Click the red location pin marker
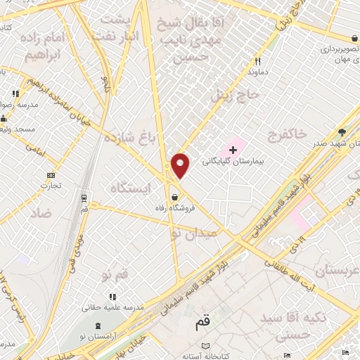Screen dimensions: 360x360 tap(181, 165)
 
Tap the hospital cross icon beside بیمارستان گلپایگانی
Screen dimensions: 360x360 tap(233, 149)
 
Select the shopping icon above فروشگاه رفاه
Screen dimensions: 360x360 tap(173, 197)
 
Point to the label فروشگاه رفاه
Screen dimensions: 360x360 tap(174, 209)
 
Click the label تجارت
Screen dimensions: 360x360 tap(51, 186)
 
